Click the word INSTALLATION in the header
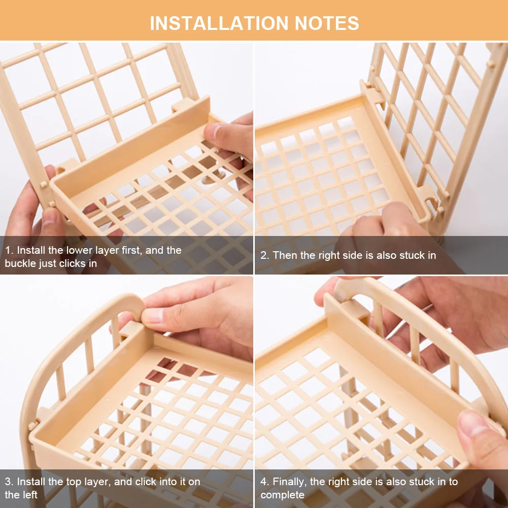tap(219, 23)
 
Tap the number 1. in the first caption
tap(10, 250)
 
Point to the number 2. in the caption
tap(265, 255)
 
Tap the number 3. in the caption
tap(9, 482)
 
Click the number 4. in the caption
tap(265, 482)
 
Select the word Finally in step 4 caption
tap(290, 482)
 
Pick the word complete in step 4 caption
tap(283, 495)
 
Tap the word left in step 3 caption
tap(30, 495)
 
